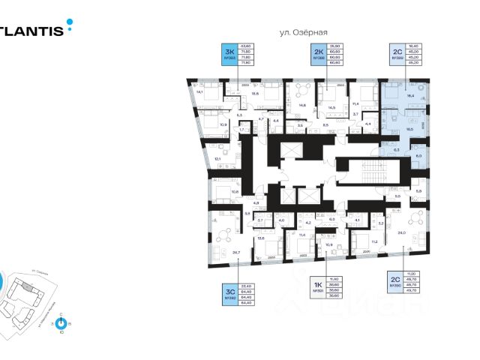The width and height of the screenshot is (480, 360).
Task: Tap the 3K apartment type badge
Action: pyautogui.click(x=229, y=52)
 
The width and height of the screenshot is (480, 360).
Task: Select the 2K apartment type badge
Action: pyautogui.click(x=318, y=52)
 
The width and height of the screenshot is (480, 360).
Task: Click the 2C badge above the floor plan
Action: pyautogui.click(x=397, y=52)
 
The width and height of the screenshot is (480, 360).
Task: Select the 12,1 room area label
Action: pyautogui.click(x=217, y=159)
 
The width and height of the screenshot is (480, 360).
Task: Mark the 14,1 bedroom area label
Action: pyautogui.click(x=199, y=91)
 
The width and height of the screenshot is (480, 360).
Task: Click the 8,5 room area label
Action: pyautogui.click(x=326, y=125)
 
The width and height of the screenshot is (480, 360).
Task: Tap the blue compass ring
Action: pyautogui.click(x=61, y=323)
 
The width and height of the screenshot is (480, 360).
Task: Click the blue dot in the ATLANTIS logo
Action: pyautogui.click(x=70, y=22)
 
